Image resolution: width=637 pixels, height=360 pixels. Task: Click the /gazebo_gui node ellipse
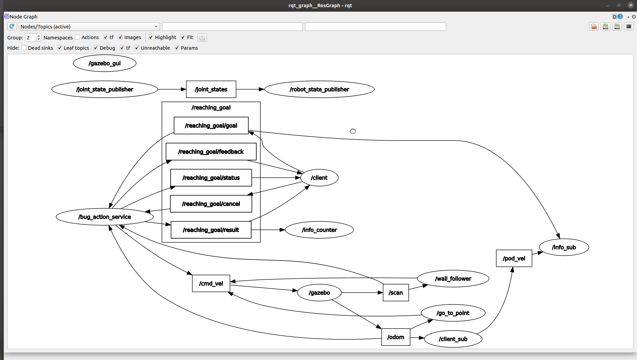105,63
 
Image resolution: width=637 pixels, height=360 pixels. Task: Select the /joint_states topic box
211,89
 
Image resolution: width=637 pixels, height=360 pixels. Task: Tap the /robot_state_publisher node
319,89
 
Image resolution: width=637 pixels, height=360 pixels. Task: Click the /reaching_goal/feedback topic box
211,152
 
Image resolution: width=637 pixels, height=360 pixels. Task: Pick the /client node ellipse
319,178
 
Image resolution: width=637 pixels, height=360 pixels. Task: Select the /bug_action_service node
105,217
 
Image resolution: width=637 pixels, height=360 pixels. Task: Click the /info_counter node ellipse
319,230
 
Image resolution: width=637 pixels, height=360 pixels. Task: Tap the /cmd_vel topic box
211,284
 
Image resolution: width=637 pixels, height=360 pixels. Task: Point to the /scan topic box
395,293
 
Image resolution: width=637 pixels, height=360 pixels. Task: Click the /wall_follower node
453,279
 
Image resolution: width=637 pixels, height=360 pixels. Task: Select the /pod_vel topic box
514,259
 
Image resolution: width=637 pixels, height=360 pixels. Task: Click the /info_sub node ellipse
564,248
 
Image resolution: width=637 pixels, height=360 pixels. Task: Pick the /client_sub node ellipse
453,339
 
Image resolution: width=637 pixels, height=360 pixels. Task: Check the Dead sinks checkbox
24,48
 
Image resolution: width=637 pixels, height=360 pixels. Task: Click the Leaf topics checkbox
60,48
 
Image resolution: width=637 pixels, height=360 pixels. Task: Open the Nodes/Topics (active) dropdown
89,27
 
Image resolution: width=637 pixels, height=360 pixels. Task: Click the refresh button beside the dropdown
12,26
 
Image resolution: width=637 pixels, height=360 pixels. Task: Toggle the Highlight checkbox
151,37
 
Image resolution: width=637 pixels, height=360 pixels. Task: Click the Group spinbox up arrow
39,36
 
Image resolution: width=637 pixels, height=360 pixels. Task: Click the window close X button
630,5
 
